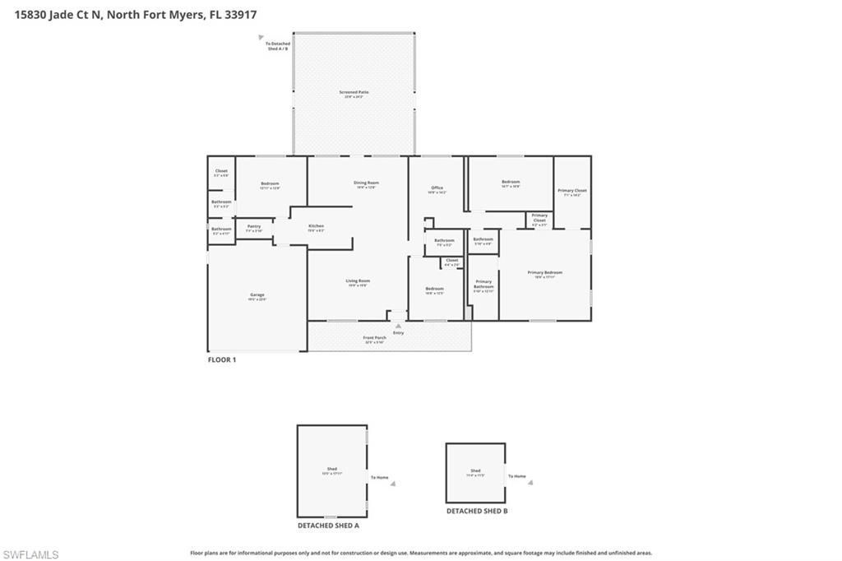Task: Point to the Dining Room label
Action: pos(366,183)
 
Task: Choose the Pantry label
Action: pos(254,227)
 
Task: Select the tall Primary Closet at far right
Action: pos(572,192)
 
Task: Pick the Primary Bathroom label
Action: pos(483,285)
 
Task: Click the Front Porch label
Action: pos(375,339)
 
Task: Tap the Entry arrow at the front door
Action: pos(398,327)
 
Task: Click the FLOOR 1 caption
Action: pos(221,359)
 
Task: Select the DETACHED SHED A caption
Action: pos(328,525)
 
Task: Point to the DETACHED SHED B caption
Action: pos(477,511)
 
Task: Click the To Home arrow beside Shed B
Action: pos(530,483)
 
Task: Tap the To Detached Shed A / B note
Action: pos(277,46)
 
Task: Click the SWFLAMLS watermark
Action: pos(30,554)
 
